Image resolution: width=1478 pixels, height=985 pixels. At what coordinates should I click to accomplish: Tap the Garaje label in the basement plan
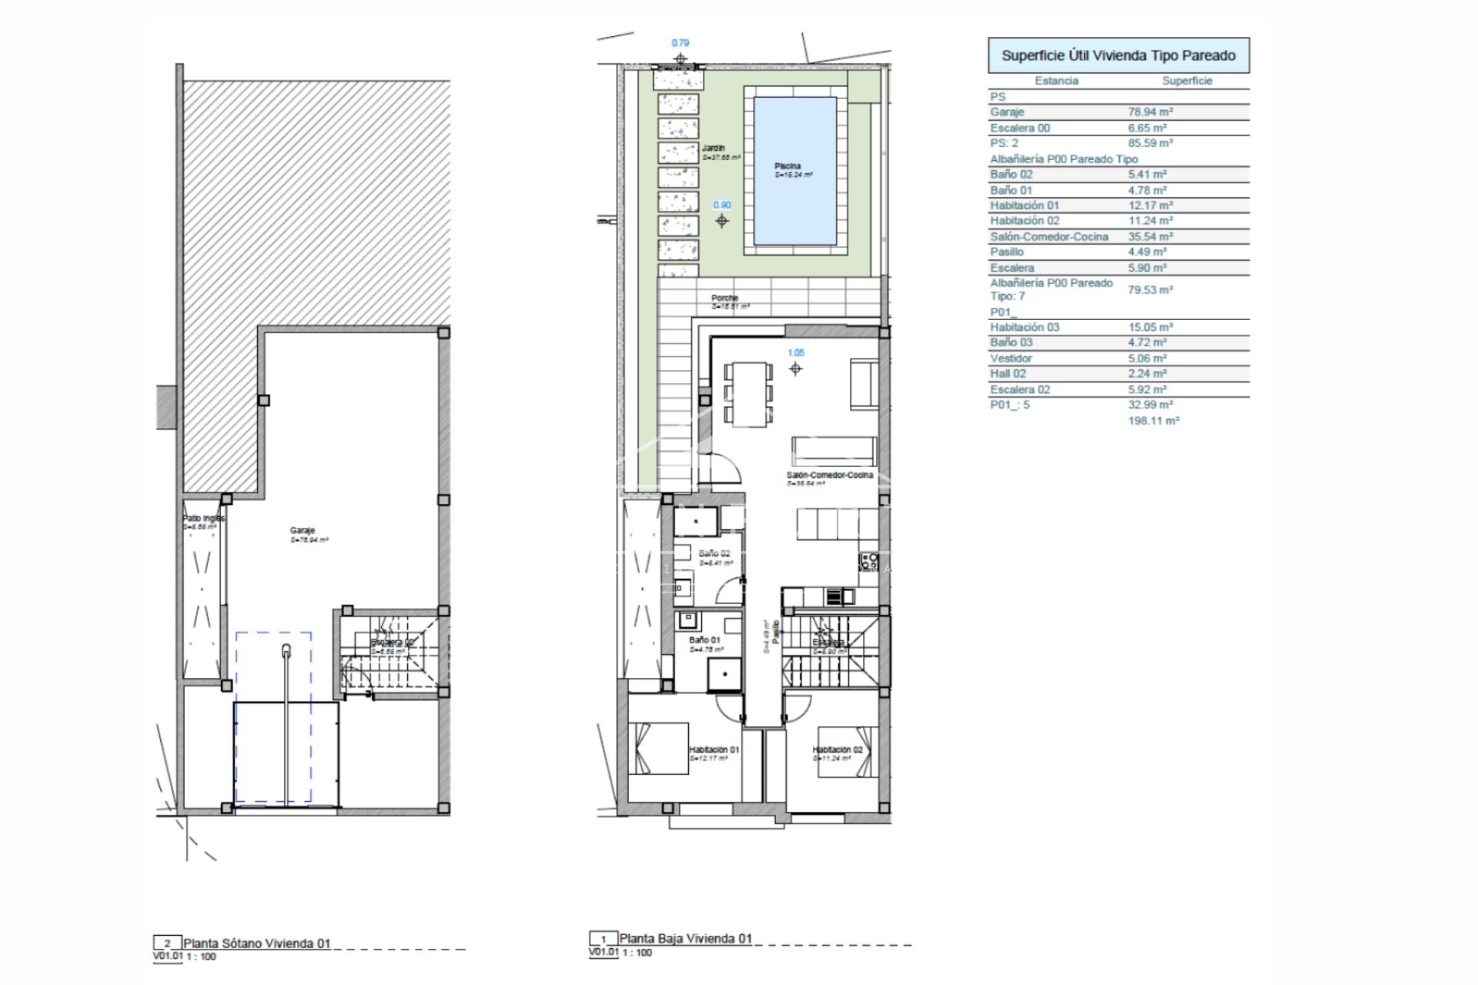click(x=302, y=530)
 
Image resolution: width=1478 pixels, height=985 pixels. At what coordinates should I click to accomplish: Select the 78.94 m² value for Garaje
click(x=1150, y=112)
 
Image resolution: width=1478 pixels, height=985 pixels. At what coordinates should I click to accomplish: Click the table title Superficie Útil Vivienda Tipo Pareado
click(x=1118, y=55)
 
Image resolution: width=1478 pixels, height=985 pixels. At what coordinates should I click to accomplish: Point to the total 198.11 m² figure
click(x=1153, y=421)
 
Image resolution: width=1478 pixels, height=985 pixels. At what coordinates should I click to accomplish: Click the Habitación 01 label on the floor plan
click(x=714, y=750)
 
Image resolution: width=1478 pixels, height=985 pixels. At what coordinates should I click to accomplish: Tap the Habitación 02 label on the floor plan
click(x=837, y=750)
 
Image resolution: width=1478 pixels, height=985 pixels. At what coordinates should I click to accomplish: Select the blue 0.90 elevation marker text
click(x=722, y=205)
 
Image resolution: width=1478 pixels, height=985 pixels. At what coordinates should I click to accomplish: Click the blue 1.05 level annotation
click(x=795, y=353)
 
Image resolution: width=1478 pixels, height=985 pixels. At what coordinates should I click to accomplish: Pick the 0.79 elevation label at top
click(x=680, y=44)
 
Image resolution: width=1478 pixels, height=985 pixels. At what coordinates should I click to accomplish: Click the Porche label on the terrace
click(x=724, y=298)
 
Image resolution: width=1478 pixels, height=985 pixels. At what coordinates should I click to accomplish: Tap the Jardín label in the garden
click(x=713, y=148)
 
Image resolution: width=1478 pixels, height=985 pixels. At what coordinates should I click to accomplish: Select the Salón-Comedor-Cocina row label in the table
click(x=1048, y=237)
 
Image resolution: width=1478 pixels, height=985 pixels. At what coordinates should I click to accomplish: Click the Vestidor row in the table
click(x=1011, y=359)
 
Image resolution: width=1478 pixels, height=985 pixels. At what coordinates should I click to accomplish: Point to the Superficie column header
click(x=1186, y=81)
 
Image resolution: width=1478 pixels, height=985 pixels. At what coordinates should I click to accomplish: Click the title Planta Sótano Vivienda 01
click(x=256, y=943)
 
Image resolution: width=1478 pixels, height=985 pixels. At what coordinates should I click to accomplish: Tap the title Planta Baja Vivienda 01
click(x=685, y=938)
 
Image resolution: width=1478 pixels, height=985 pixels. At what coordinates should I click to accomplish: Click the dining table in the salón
click(x=748, y=394)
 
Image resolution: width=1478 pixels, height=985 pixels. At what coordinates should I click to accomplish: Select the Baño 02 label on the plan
click(x=714, y=553)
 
